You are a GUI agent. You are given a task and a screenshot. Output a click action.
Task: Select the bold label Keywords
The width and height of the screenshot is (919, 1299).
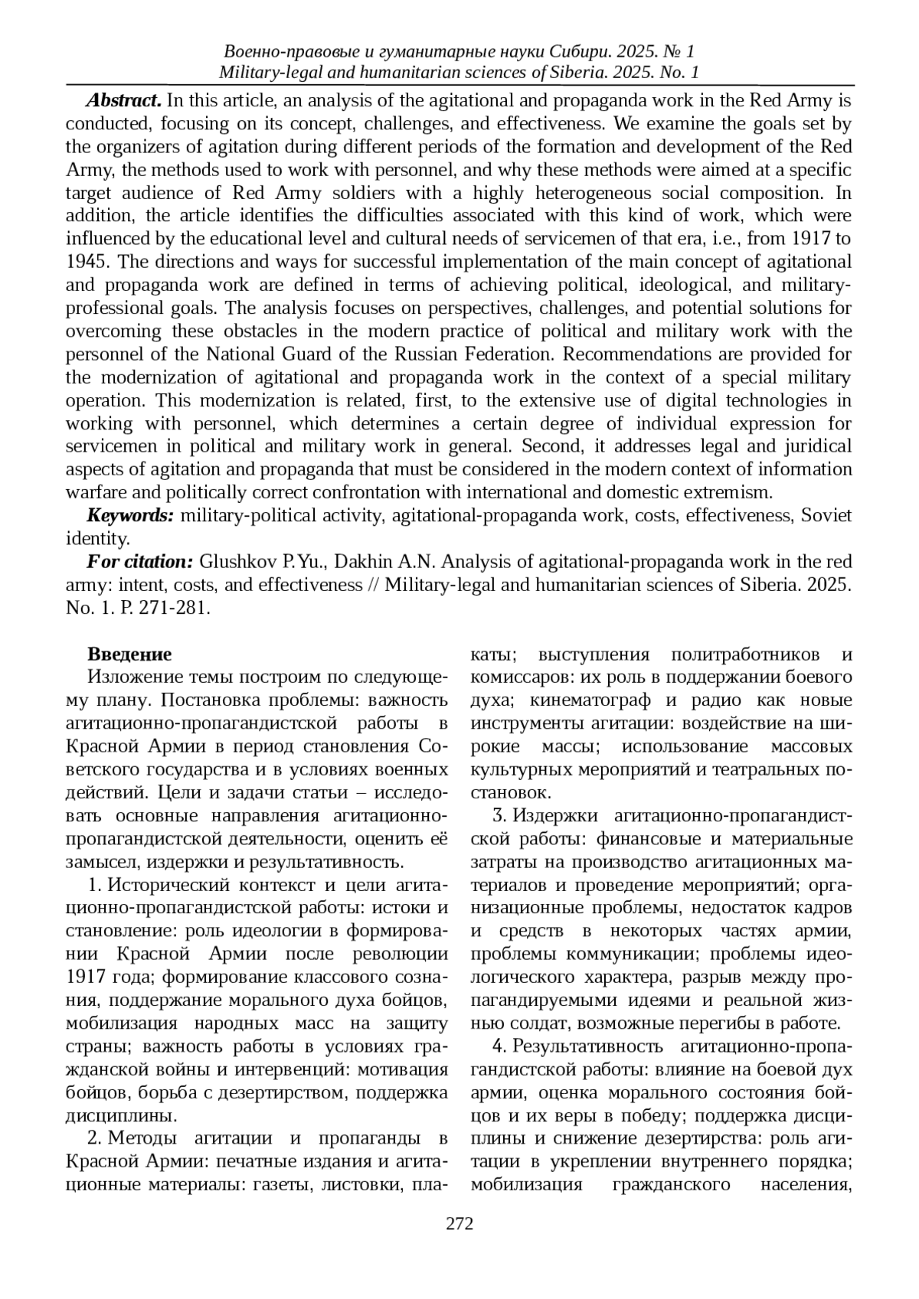click(130, 516)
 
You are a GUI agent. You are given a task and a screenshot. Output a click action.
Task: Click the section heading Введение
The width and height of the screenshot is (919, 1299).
click(129, 654)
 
